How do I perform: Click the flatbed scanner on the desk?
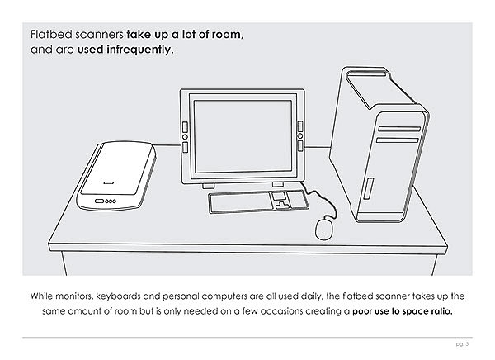[x=116, y=175]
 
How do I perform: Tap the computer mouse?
[x=326, y=227]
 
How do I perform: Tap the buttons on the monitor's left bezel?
[x=185, y=135]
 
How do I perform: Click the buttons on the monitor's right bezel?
[x=299, y=135]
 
